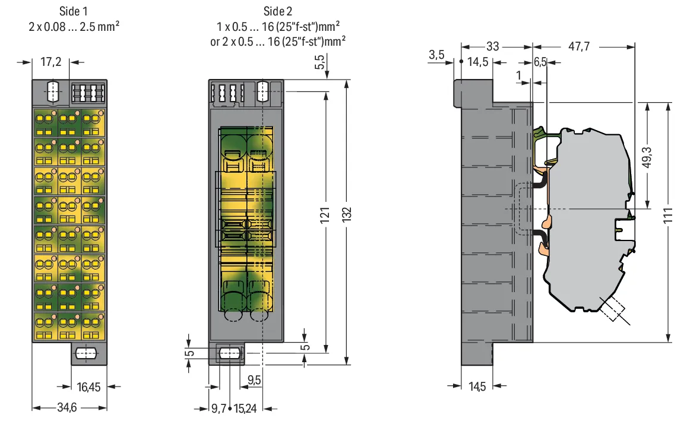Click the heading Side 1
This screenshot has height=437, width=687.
[x=73, y=11]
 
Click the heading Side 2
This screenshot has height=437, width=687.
[x=278, y=11]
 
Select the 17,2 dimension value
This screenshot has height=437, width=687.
[x=51, y=62]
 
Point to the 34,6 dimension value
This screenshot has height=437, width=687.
[x=67, y=408]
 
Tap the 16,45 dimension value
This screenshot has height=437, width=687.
[x=88, y=387]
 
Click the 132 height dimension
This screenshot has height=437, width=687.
[x=347, y=214]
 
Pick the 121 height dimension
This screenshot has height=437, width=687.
[x=325, y=215]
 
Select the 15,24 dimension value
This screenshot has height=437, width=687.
[x=245, y=408]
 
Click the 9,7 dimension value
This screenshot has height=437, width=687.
[x=219, y=408]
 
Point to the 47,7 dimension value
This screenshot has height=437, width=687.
[x=579, y=46]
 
